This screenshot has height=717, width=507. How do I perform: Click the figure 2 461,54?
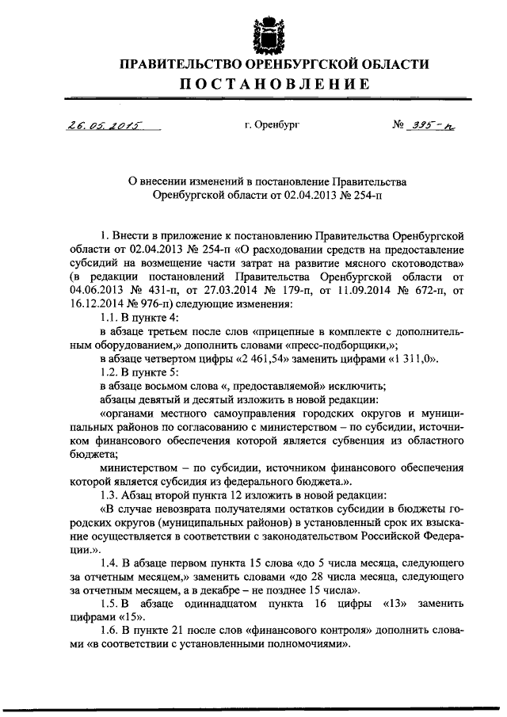tap(272, 357)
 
